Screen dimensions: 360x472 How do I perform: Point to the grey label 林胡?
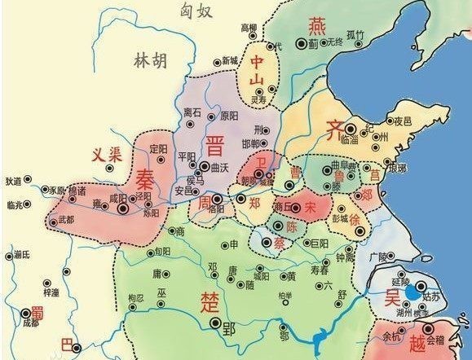tap(152, 60)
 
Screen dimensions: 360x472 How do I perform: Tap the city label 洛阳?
tap(216, 209)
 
